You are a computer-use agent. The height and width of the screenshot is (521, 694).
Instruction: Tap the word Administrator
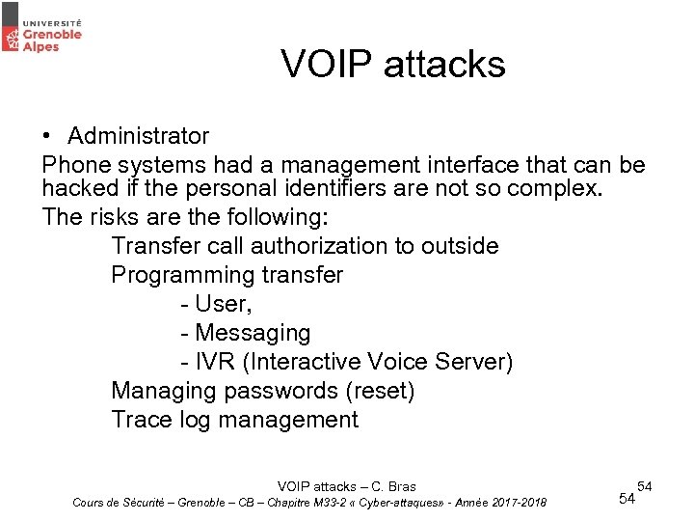tap(138, 136)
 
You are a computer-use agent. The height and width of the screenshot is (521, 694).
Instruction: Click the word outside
tap(460, 246)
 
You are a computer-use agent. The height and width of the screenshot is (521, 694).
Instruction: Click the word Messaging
tap(253, 333)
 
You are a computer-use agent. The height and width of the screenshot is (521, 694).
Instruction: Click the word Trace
tap(141, 420)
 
